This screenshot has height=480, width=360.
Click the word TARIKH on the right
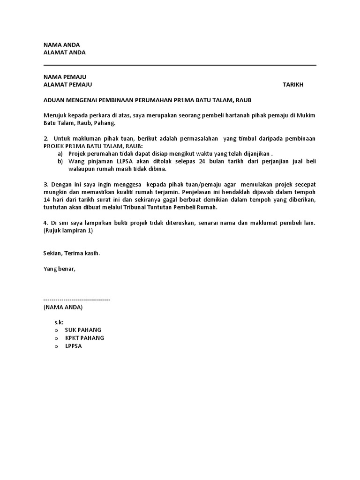click(293, 84)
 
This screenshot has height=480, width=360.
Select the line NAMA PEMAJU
click(65, 77)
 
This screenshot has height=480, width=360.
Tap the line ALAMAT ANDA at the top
click(64, 52)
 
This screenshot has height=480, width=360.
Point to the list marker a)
click(60, 153)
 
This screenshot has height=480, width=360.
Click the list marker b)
click(60, 161)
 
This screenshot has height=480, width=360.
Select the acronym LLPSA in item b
click(125, 161)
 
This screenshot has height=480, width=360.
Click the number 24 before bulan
click(202, 161)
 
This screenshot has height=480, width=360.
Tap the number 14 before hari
click(47, 200)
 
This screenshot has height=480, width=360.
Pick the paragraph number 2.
click(46, 138)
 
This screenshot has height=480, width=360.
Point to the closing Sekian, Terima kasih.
click(72, 253)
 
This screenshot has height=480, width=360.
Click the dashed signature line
click(76, 299)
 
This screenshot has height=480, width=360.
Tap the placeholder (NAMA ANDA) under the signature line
click(63, 307)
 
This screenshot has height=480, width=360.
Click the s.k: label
click(59, 322)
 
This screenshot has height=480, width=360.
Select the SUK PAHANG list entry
click(83, 330)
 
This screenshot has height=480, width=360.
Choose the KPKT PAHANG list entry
click(84, 337)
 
